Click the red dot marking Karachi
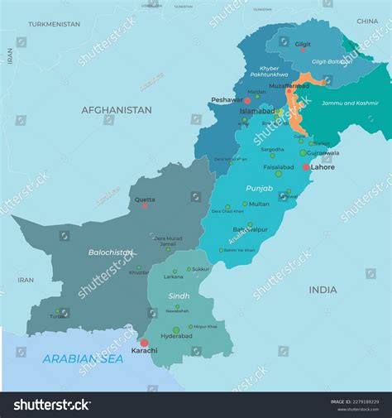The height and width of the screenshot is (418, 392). [144, 343]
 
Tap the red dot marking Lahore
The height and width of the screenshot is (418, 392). [307, 166]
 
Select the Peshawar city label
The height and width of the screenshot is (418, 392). [227, 99]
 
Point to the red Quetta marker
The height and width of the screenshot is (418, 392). [145, 205]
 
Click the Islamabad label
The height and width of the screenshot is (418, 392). [256, 109]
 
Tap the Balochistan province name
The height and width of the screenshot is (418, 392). [111, 252]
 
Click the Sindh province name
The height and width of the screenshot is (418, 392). [179, 295]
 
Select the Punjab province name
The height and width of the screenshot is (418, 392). [259, 189]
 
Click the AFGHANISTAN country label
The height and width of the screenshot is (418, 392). [116, 110]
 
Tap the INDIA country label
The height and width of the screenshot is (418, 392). [323, 290]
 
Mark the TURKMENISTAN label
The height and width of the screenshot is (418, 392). [54, 24]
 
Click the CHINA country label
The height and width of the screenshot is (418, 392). [367, 21]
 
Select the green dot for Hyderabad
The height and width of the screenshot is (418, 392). [175, 329]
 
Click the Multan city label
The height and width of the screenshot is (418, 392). [259, 204]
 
